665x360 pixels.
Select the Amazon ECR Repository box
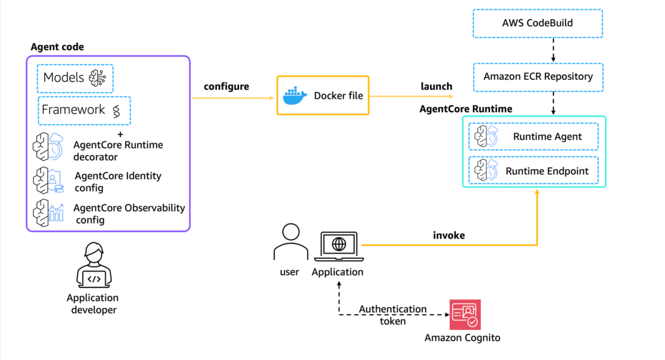coord(538,77)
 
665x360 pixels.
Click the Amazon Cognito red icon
coord(465,314)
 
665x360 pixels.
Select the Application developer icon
coord(93,266)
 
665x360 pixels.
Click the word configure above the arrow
coord(226,87)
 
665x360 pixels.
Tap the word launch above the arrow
coord(436,86)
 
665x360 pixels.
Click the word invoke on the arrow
coord(449,235)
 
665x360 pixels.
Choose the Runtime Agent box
coord(533,137)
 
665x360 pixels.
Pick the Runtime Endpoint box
coord(533,171)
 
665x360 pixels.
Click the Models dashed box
coord(75,78)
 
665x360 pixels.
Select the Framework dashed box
coord(85,110)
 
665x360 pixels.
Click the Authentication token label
coord(393,315)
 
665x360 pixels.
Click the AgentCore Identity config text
coord(118,182)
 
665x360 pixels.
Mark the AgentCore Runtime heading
coord(465,109)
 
